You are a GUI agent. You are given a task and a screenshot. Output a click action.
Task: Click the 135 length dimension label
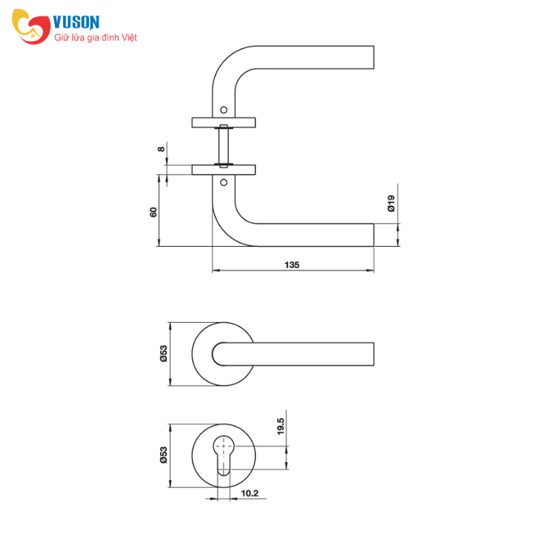(x=292, y=265)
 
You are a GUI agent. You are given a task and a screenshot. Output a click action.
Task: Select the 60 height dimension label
(x=153, y=212)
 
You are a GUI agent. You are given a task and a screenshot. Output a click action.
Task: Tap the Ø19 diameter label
(x=391, y=203)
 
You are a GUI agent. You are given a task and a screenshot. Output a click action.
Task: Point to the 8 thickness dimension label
(x=161, y=149)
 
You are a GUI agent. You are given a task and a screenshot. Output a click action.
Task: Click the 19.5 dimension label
(x=280, y=426)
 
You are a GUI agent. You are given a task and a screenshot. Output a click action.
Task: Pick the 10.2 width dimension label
(x=250, y=493)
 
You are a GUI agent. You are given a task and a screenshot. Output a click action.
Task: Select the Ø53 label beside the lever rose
(x=163, y=353)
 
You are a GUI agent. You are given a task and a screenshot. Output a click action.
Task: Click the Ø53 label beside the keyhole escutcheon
(x=163, y=455)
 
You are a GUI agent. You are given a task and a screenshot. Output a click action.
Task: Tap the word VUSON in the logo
(x=76, y=22)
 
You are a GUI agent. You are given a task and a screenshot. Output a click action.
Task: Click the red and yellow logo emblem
(x=31, y=27)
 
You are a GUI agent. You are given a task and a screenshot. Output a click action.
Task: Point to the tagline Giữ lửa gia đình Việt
(x=95, y=38)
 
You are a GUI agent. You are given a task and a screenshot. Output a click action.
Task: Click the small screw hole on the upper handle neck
(x=224, y=110)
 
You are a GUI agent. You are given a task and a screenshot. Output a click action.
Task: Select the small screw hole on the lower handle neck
(x=224, y=182)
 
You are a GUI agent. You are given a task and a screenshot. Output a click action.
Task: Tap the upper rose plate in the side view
(x=224, y=122)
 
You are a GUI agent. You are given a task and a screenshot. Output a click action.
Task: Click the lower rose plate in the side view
(x=224, y=170)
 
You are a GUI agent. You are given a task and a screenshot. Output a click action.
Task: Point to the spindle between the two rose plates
(x=224, y=146)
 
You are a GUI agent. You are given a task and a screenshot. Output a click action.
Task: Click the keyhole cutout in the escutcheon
(x=224, y=455)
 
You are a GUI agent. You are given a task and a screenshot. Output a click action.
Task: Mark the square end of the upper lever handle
(x=373, y=57)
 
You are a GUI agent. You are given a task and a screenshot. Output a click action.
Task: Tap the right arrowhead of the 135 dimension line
(x=370, y=270)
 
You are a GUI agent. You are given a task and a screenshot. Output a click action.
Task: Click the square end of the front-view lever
(x=373, y=354)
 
